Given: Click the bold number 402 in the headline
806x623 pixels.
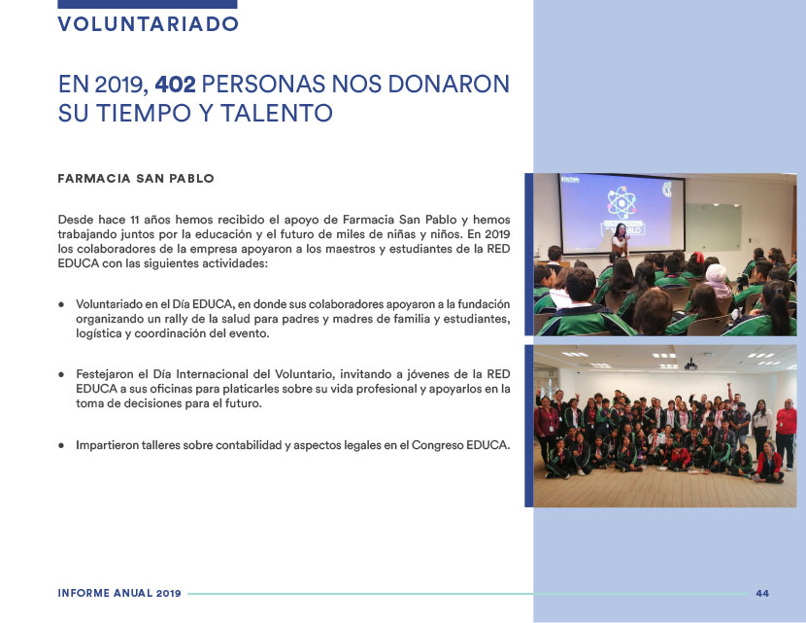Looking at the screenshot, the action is [176, 85].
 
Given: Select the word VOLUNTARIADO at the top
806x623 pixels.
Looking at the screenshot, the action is [148, 24].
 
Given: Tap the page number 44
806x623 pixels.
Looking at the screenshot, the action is [762, 593].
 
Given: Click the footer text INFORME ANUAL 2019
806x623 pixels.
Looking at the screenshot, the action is [119, 593].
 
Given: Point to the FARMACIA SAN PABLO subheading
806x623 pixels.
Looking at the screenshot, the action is [136, 179].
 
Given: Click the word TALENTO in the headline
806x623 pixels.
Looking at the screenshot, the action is [277, 113].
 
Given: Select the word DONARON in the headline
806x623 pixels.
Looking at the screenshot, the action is [449, 85].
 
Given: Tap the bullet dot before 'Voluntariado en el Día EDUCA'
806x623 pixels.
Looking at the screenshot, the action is [61, 304].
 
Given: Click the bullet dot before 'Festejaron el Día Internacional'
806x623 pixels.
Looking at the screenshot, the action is [61, 374].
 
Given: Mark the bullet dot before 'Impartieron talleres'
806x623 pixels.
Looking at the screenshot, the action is [61, 445].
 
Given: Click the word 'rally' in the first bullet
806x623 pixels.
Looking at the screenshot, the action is [177, 319].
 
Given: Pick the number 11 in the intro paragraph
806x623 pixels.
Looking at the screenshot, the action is [135, 220].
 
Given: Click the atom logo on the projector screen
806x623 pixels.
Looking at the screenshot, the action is [621, 202].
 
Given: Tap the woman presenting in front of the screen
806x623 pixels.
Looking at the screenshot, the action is [621, 240].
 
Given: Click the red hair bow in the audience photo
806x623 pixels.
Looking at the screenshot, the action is [698, 257].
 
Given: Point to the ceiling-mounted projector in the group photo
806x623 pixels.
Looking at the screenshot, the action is [690, 365].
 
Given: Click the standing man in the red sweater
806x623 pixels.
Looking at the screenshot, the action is [786, 433].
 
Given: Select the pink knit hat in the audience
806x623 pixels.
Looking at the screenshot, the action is [716, 273].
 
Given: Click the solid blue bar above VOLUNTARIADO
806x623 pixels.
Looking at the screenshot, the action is [148, 4].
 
